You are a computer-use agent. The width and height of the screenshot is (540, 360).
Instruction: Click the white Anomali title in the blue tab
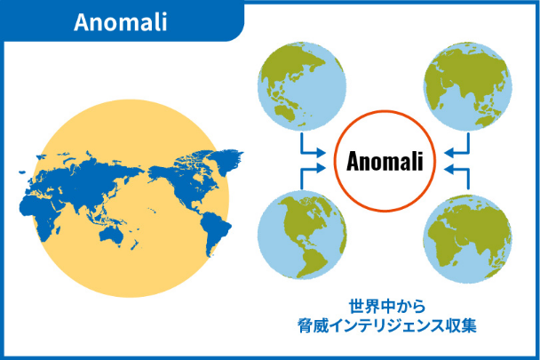(x=121, y=22)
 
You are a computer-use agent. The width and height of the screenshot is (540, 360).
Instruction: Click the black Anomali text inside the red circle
(x=385, y=161)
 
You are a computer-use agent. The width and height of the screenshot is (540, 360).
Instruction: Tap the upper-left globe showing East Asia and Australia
(x=302, y=86)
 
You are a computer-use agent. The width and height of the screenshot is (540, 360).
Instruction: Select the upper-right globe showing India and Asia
(x=468, y=86)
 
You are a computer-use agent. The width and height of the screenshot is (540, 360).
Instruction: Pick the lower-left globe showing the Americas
(x=302, y=236)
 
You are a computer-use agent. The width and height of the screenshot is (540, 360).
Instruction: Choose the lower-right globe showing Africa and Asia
(x=468, y=238)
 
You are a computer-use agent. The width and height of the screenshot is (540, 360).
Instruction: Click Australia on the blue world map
(x=112, y=236)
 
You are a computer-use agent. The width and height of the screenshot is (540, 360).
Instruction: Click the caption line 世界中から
(x=387, y=306)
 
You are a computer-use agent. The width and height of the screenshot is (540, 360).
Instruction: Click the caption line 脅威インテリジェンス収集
(x=387, y=325)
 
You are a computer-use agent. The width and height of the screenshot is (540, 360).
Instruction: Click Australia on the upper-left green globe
(x=284, y=113)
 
